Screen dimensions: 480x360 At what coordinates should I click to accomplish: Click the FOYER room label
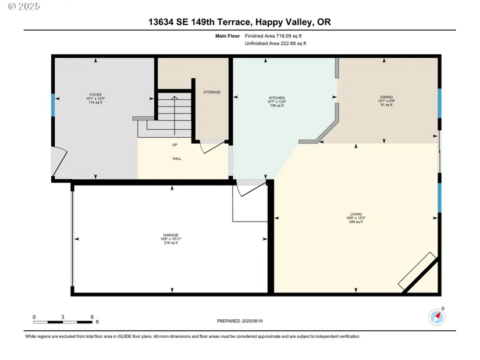pyautogui.click(x=95, y=95)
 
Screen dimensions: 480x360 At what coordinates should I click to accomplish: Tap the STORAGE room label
pyautogui.click(x=212, y=92)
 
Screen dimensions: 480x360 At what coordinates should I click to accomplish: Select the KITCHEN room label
pyautogui.click(x=277, y=98)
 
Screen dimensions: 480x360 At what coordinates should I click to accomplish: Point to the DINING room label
pyautogui.click(x=386, y=97)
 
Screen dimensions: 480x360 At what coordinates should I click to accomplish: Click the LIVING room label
pyautogui.click(x=355, y=214)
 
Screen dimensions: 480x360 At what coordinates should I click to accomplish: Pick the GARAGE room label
pyautogui.click(x=171, y=235)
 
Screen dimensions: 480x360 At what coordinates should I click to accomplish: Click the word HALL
pyautogui.click(x=177, y=159)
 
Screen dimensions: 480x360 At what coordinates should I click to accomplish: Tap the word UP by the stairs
pyautogui.click(x=175, y=145)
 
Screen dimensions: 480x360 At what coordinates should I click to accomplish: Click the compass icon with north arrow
pyautogui.click(x=437, y=317)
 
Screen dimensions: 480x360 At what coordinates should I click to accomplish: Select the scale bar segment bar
pyautogui.click(x=63, y=322)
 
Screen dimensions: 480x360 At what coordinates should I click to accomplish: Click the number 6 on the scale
pyautogui.click(x=92, y=317)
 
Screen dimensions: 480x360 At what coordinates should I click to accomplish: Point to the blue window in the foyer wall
pyautogui.click(x=53, y=105)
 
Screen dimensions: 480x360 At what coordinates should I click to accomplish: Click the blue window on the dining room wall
pyautogui.click(x=440, y=103)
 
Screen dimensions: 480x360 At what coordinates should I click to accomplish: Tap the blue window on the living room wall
pyautogui.click(x=440, y=198)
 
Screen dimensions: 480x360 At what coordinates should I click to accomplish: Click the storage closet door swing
pyautogui.click(x=212, y=147)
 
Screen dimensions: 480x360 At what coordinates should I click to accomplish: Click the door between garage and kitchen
pyautogui.click(x=250, y=188)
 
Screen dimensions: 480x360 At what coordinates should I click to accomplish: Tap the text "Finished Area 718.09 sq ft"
pyautogui.click(x=273, y=36)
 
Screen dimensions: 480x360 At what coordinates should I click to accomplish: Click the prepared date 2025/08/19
pyautogui.click(x=253, y=321)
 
